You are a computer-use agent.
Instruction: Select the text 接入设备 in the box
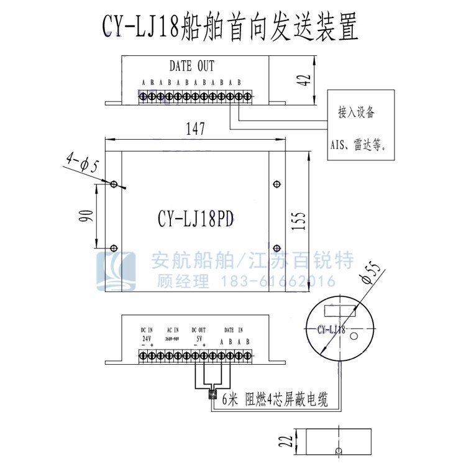357,112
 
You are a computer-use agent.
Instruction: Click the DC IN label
147,330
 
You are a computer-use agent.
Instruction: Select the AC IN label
173,330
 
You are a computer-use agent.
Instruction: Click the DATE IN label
234,330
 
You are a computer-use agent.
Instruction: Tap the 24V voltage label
147,339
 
